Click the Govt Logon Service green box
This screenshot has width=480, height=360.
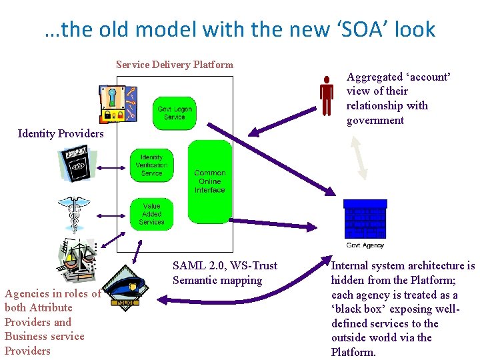click(175, 113)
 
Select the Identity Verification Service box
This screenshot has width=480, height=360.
click(151, 165)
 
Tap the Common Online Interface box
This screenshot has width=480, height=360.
click(209, 181)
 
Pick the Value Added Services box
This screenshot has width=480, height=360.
click(151, 214)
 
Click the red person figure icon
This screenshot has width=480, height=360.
click(326, 95)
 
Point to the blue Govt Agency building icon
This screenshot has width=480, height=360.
click(364, 219)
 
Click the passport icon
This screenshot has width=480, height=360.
click(79, 164)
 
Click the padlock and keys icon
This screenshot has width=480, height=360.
click(117, 104)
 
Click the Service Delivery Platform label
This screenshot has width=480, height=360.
click(174, 65)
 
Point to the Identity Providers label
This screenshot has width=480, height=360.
click(61, 133)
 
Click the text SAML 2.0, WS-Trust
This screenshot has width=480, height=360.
click(225, 266)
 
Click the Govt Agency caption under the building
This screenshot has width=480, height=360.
click(364, 245)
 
